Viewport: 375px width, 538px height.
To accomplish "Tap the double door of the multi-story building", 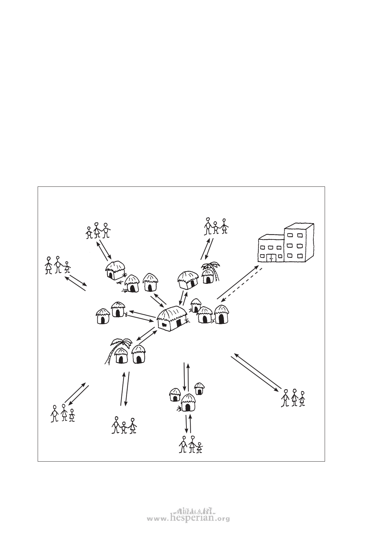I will click(271, 257).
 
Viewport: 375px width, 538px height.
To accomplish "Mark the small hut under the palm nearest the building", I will click(208, 277).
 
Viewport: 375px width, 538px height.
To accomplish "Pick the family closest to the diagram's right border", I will click(293, 398).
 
